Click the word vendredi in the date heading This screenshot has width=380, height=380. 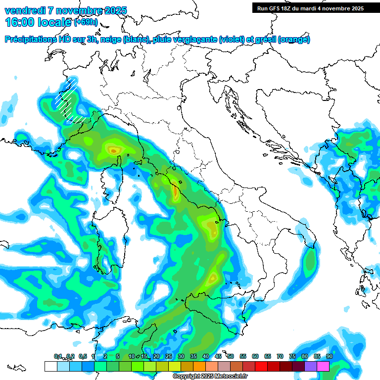24,10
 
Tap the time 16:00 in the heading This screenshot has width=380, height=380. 19,22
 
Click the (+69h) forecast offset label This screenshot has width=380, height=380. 86,22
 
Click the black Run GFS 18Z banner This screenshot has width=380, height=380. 310,8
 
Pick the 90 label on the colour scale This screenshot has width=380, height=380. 329,356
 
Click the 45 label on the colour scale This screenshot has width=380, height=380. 218,356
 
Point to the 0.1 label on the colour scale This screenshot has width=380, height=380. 58,356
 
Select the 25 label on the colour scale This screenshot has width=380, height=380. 169,356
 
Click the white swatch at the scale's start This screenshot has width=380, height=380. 50,366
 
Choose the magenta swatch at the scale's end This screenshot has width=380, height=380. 323,366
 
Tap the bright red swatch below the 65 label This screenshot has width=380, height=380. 261,366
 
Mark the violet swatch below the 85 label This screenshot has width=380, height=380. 311,366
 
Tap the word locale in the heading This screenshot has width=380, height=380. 55,22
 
